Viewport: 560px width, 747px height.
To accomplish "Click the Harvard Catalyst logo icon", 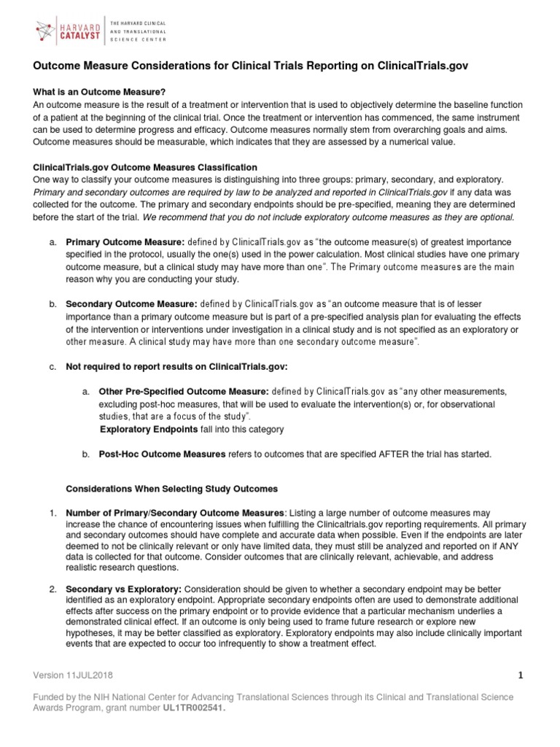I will [50, 30].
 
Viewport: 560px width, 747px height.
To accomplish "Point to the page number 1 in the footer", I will [521, 676].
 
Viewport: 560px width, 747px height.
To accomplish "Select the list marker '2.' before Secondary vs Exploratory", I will [52, 589].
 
